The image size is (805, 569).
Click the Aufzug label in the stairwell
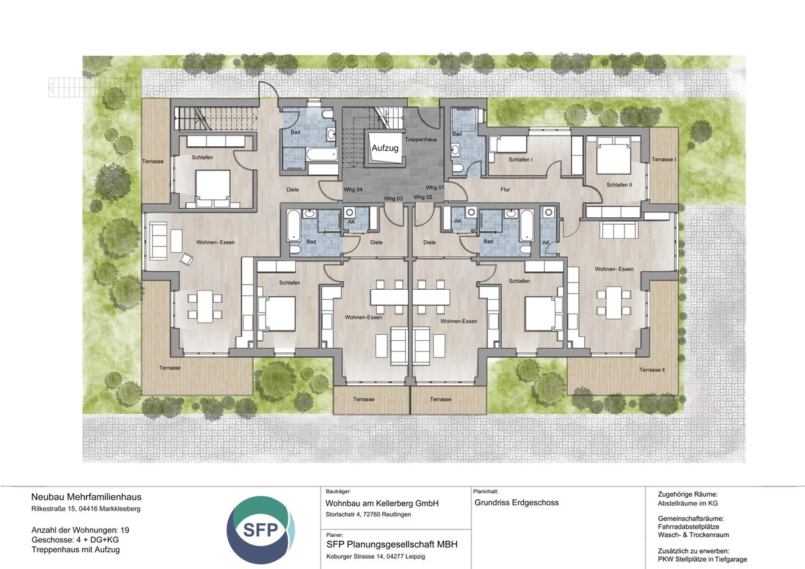385,148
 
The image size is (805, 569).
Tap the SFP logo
261,530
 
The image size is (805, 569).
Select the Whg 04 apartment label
353,189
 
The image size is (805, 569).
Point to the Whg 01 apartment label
435,187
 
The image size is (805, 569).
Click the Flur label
505,189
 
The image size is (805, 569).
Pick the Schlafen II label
619,185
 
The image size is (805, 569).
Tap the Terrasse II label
652,370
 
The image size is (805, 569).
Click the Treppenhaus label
421,140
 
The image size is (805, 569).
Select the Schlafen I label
521,160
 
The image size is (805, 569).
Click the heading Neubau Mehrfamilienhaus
87,497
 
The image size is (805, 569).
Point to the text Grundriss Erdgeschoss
517,503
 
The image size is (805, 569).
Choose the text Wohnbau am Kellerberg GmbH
382,503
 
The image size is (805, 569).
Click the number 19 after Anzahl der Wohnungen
125,530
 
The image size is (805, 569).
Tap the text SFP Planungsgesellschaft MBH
392,545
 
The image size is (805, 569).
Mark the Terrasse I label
663,159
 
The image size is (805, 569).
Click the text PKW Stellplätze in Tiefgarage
702,560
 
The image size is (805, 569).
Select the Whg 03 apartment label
393,199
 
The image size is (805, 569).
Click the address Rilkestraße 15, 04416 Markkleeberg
86,509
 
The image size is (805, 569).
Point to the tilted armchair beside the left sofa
187,259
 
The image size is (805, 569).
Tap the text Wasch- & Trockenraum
693,535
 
